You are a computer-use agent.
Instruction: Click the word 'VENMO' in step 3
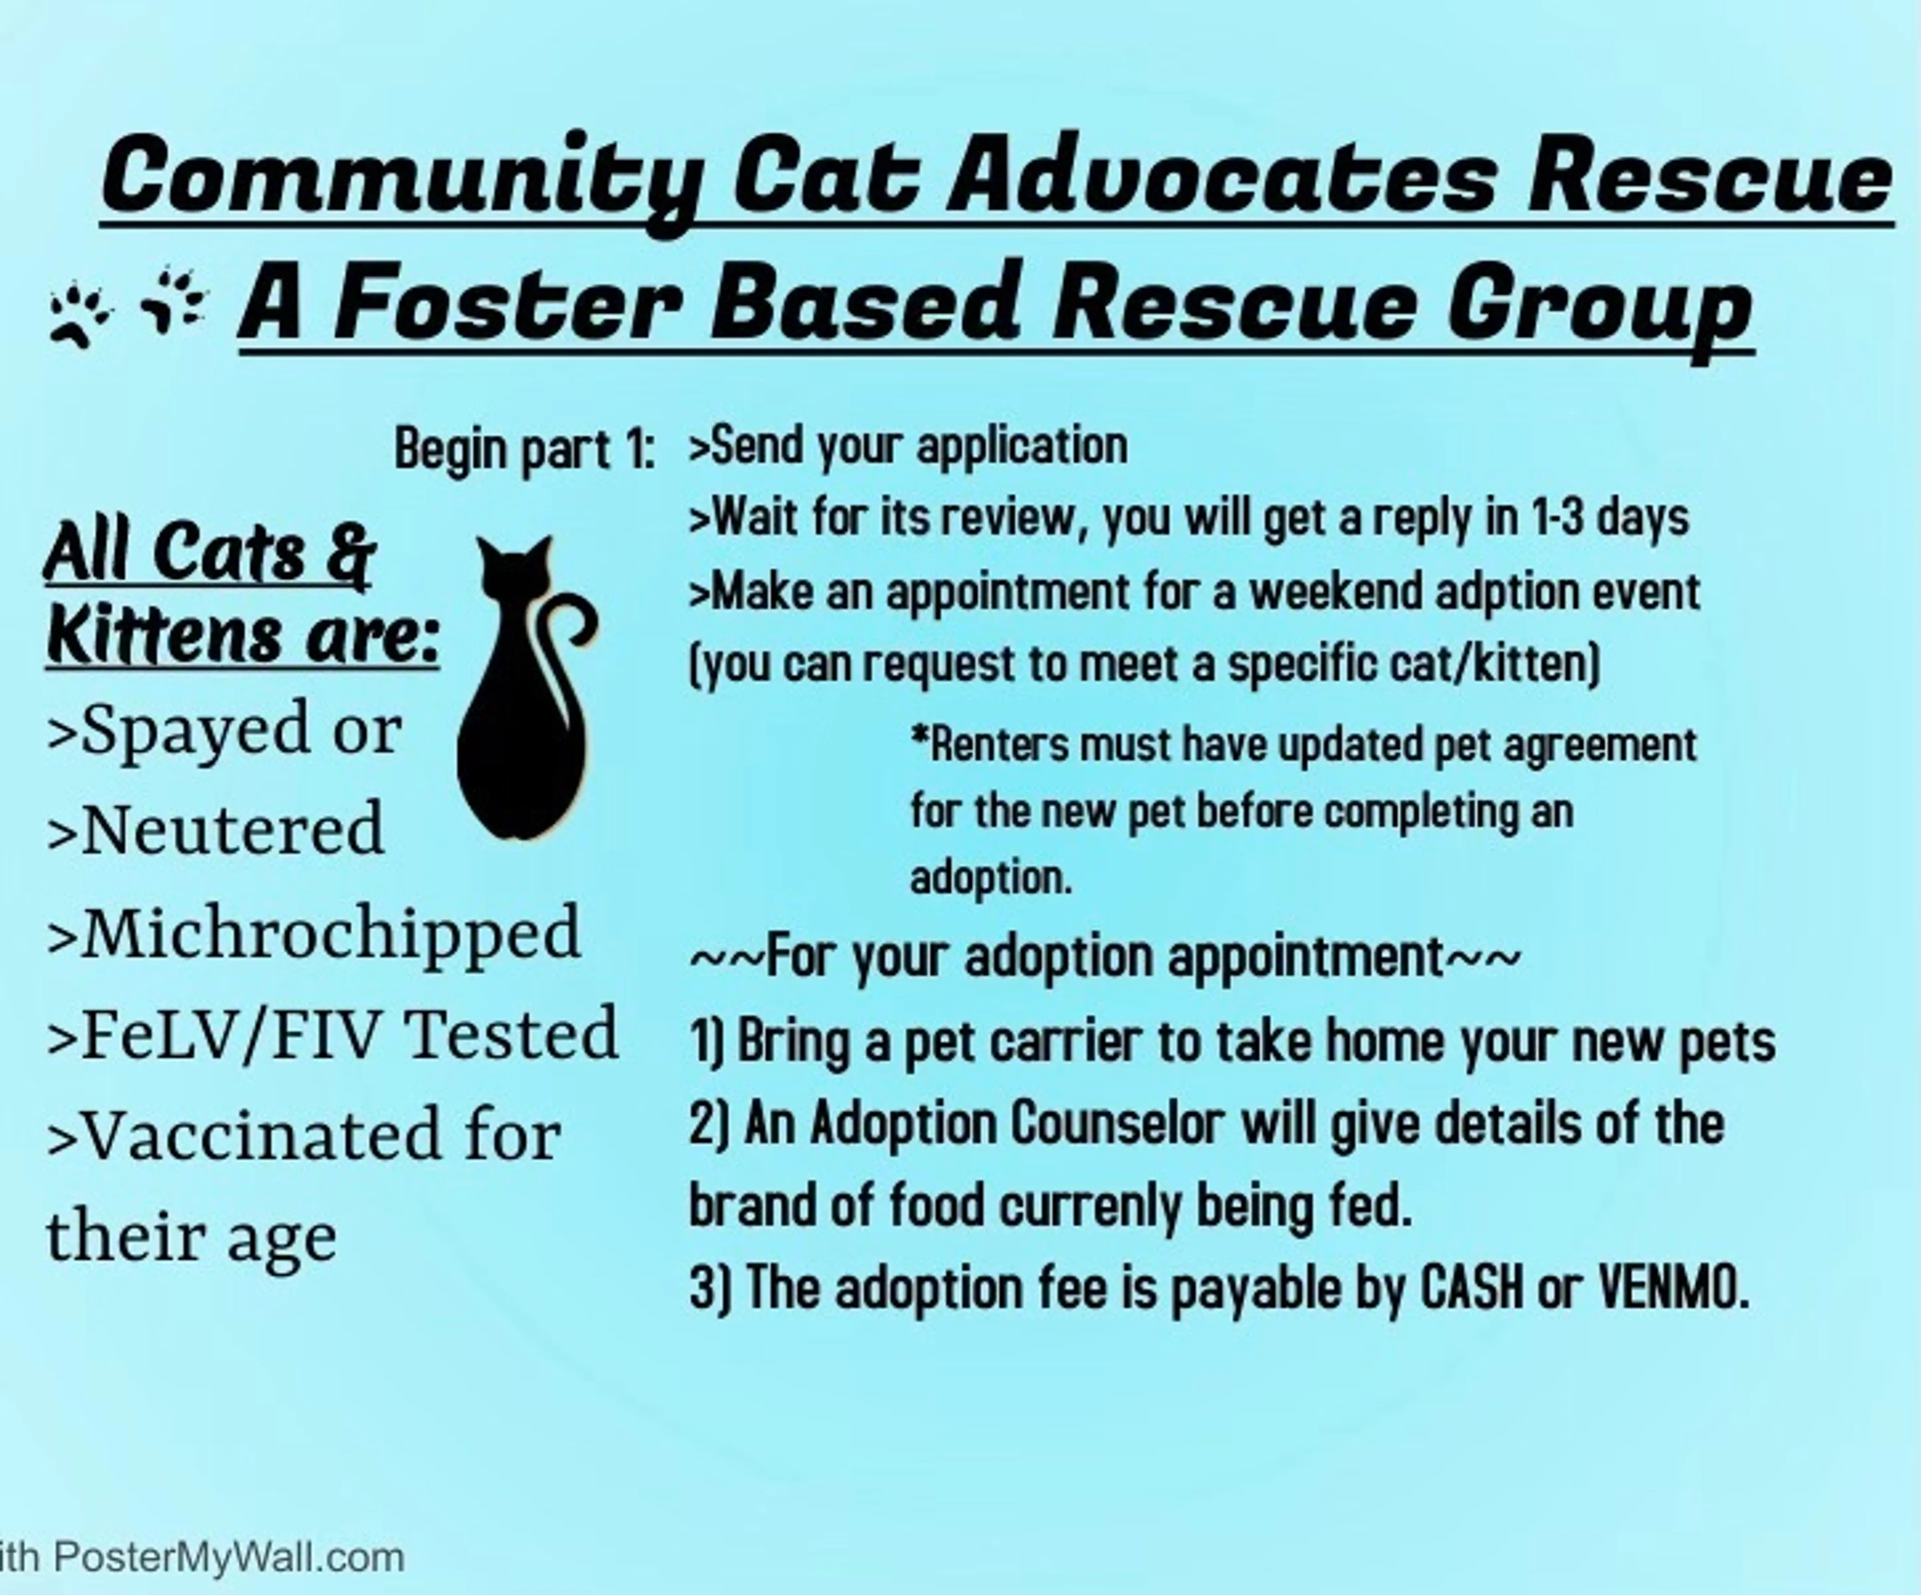tap(1674, 1288)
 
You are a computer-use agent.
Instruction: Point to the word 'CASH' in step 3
tap(1473, 1288)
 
